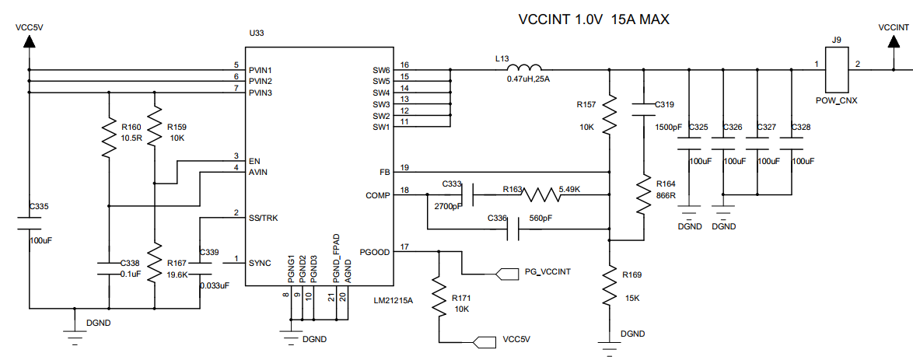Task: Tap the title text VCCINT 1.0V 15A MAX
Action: [x=593, y=20]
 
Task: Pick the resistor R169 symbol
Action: [x=609, y=286]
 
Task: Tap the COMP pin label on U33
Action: [x=376, y=194]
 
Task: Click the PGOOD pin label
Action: [x=374, y=252]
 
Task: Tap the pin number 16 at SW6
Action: [x=404, y=65]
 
